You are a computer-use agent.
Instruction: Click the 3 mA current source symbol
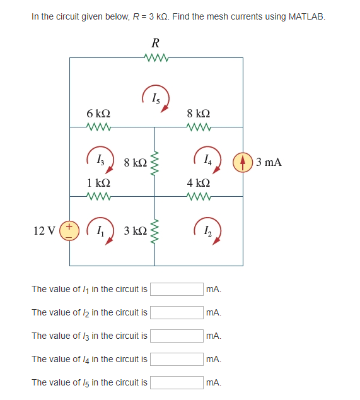[x=243, y=162]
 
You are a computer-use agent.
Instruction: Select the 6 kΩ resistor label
[x=98, y=114]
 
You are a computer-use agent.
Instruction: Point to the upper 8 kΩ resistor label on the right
[x=199, y=114]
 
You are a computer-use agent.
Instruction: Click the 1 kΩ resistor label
[x=99, y=182]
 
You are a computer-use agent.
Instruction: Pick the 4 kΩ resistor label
[x=199, y=182]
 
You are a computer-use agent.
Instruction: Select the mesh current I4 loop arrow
[x=208, y=162]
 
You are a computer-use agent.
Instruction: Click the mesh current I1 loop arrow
[x=98, y=230]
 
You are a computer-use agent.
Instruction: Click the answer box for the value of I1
[x=176, y=289]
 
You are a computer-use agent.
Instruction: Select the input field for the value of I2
[x=176, y=312]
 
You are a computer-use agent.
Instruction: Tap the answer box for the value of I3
[x=176, y=336]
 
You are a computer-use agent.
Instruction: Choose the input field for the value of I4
[x=176, y=359]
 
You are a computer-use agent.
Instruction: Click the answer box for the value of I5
[x=176, y=382]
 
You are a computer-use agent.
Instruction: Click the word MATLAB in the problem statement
[x=306, y=16]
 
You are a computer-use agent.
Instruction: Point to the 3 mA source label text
[x=269, y=162]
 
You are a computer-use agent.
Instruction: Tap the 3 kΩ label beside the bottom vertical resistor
[x=136, y=230]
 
